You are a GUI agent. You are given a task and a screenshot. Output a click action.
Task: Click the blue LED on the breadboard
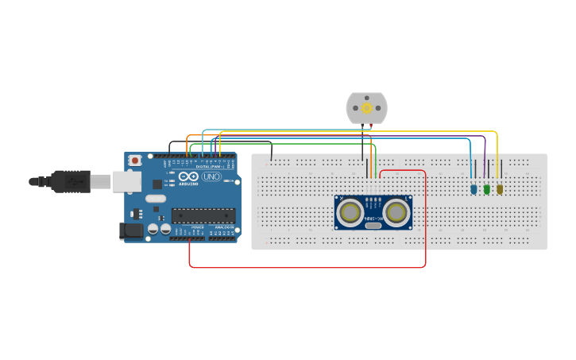(474, 189)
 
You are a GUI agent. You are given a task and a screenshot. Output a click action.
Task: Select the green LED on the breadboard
(487, 189)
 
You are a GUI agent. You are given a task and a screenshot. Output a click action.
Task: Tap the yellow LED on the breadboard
(500, 189)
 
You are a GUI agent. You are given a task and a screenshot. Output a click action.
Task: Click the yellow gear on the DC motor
(366, 108)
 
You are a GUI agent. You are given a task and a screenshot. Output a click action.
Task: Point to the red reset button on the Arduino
(135, 161)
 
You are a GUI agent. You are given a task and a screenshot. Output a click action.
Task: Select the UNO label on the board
(211, 176)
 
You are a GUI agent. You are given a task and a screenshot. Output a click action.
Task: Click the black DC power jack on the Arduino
(132, 230)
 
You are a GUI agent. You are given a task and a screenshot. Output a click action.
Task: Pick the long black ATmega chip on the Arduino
(203, 215)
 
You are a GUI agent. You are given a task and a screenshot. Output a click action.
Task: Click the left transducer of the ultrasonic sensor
(349, 211)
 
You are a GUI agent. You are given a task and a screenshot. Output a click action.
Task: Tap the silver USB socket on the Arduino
(126, 182)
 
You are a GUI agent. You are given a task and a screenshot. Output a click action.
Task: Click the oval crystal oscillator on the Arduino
(156, 199)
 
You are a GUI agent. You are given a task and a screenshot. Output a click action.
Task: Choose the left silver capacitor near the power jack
(153, 229)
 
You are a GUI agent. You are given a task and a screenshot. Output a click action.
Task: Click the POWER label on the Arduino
(196, 227)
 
